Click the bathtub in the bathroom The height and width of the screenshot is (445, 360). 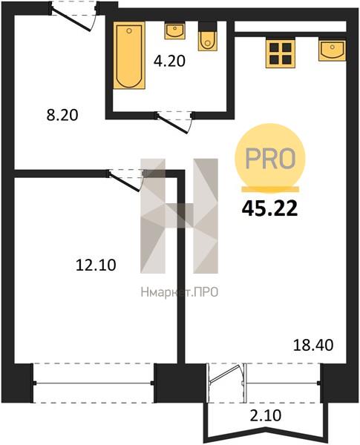129,56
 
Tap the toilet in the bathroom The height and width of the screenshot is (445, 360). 208,37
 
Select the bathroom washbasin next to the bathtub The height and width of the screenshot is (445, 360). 174,31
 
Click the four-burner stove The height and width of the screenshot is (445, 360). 281,53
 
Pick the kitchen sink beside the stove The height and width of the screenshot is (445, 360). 332,50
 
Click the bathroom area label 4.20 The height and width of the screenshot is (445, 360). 170,61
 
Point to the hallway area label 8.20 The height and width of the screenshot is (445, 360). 62,115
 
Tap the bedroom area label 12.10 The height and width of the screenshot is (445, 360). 96,265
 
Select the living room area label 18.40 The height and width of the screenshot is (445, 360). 313,346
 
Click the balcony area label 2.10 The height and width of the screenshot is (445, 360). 266,415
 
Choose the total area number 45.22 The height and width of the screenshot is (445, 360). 269,209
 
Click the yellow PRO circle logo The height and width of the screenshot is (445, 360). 269,158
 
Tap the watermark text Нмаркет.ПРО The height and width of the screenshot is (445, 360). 180,291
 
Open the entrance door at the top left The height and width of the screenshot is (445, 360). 73,16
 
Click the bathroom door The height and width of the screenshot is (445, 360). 174,122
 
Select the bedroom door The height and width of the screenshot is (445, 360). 126,180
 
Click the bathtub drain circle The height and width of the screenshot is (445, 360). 129,30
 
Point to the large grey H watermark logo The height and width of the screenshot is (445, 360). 180,216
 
